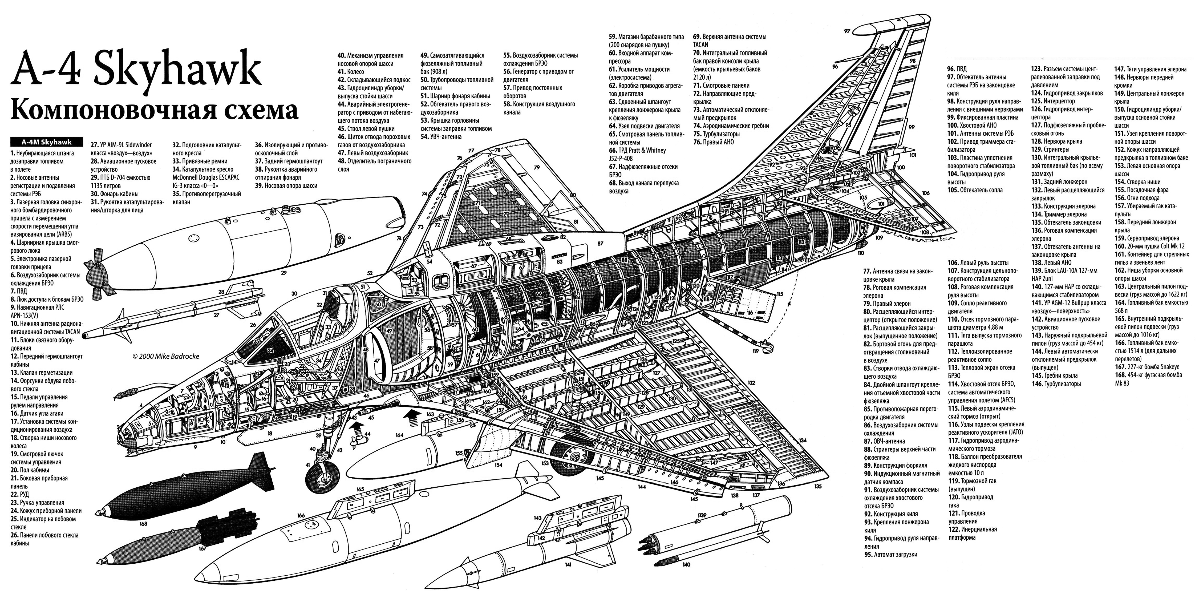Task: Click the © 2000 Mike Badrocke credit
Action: tap(166, 356)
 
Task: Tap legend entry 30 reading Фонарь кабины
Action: tap(114, 194)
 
